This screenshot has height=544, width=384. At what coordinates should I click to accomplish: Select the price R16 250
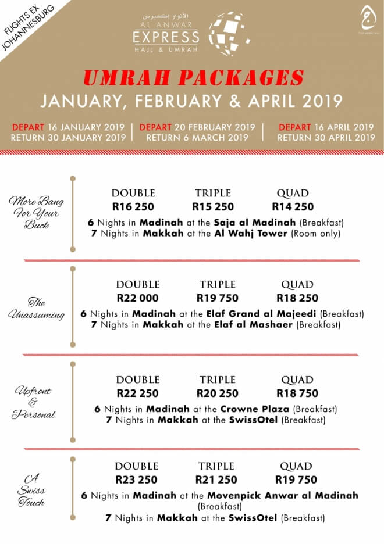pyautogui.click(x=133, y=206)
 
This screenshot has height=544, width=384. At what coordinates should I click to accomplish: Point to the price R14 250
pyautogui.click(x=293, y=206)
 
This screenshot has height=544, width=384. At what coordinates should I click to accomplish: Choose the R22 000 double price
pyautogui.click(x=137, y=298)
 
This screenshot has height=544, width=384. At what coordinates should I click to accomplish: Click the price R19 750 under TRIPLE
pyautogui.click(x=217, y=298)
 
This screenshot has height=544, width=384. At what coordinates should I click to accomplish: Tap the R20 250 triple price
pyautogui.click(x=217, y=393)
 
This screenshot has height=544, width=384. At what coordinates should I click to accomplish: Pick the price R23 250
pyautogui.click(x=136, y=479)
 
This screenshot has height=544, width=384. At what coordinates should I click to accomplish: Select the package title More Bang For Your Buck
pyautogui.click(x=36, y=213)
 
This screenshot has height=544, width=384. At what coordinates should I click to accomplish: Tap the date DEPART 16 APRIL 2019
pyautogui.click(x=326, y=127)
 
